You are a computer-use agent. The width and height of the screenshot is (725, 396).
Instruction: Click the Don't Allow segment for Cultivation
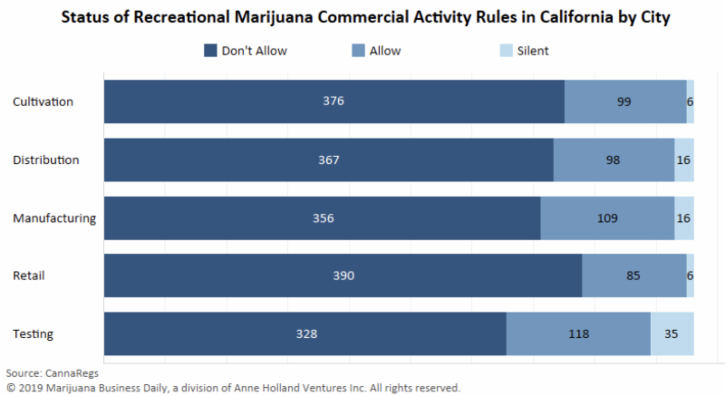pyautogui.click(x=333, y=101)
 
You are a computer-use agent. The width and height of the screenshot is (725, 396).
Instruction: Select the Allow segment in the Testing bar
pyautogui.click(x=578, y=333)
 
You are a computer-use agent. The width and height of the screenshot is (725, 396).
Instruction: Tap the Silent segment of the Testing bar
pyautogui.click(x=672, y=333)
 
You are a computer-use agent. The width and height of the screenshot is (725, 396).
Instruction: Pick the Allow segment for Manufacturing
pyautogui.click(x=607, y=217)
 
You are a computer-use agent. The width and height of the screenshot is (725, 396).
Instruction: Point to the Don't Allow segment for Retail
pyautogui.click(x=343, y=275)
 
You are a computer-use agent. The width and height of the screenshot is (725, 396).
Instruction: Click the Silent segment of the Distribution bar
pyautogui.click(x=684, y=159)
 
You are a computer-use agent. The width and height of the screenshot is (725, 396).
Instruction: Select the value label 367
pyautogui.click(x=328, y=159)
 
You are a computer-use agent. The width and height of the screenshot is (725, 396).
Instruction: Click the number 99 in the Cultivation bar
pyautogui.click(x=624, y=101)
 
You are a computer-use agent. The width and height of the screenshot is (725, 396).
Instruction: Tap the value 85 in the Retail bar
pyautogui.click(x=633, y=275)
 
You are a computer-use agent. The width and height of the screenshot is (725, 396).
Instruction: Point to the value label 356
pyautogui.click(x=322, y=217)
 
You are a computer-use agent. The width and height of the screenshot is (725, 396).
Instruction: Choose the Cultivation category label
pyautogui.click(x=43, y=101)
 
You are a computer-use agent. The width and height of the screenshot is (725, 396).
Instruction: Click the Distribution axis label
pyautogui.click(x=46, y=159)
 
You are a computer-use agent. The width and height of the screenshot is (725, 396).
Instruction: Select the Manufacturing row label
pyautogui.click(x=53, y=217)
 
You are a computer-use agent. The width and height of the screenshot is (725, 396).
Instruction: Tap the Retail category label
pyautogui.click(x=29, y=275)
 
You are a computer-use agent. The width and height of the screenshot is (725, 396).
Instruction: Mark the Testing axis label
pyautogui.click(x=33, y=333)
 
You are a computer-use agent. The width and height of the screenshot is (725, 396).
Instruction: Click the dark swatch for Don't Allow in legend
pyautogui.click(x=210, y=51)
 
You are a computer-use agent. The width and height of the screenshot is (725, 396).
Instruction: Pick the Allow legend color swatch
pyautogui.click(x=357, y=51)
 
